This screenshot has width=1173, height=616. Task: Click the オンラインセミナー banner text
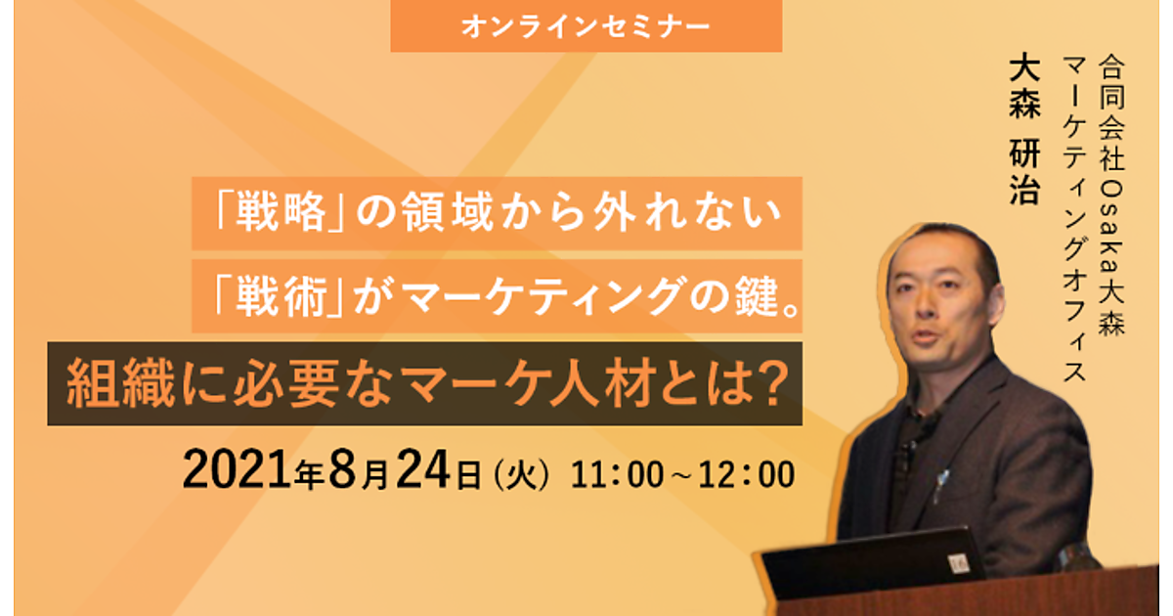point(586,26)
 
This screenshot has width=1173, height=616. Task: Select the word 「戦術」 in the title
point(281,296)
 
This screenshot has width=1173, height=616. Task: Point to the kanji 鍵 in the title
point(757,296)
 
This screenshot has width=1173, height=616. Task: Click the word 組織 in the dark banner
point(121,384)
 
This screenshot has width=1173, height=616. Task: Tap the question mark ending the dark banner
point(773,384)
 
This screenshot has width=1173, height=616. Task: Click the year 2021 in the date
point(237,469)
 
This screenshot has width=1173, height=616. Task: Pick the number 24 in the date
point(423,469)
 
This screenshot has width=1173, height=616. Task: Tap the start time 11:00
point(617,474)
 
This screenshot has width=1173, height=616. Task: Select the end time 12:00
point(747,474)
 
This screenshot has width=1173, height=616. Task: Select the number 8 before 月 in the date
point(341,469)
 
